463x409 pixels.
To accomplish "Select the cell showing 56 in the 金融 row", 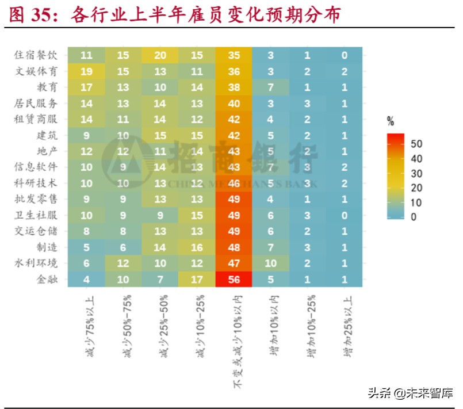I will (234, 280).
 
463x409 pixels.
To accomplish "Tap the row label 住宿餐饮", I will (36, 55).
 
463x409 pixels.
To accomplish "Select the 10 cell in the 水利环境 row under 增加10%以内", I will (270, 264).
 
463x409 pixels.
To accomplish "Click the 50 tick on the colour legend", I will (417, 144).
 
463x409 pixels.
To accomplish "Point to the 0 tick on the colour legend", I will (414, 217).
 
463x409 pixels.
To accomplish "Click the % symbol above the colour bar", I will (391, 121).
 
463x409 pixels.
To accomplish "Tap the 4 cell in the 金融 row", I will (86, 280).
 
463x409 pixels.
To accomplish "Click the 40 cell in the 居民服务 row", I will (234, 103).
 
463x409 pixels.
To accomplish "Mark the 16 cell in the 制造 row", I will (197, 248).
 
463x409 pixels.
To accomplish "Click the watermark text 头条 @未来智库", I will (410, 394).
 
